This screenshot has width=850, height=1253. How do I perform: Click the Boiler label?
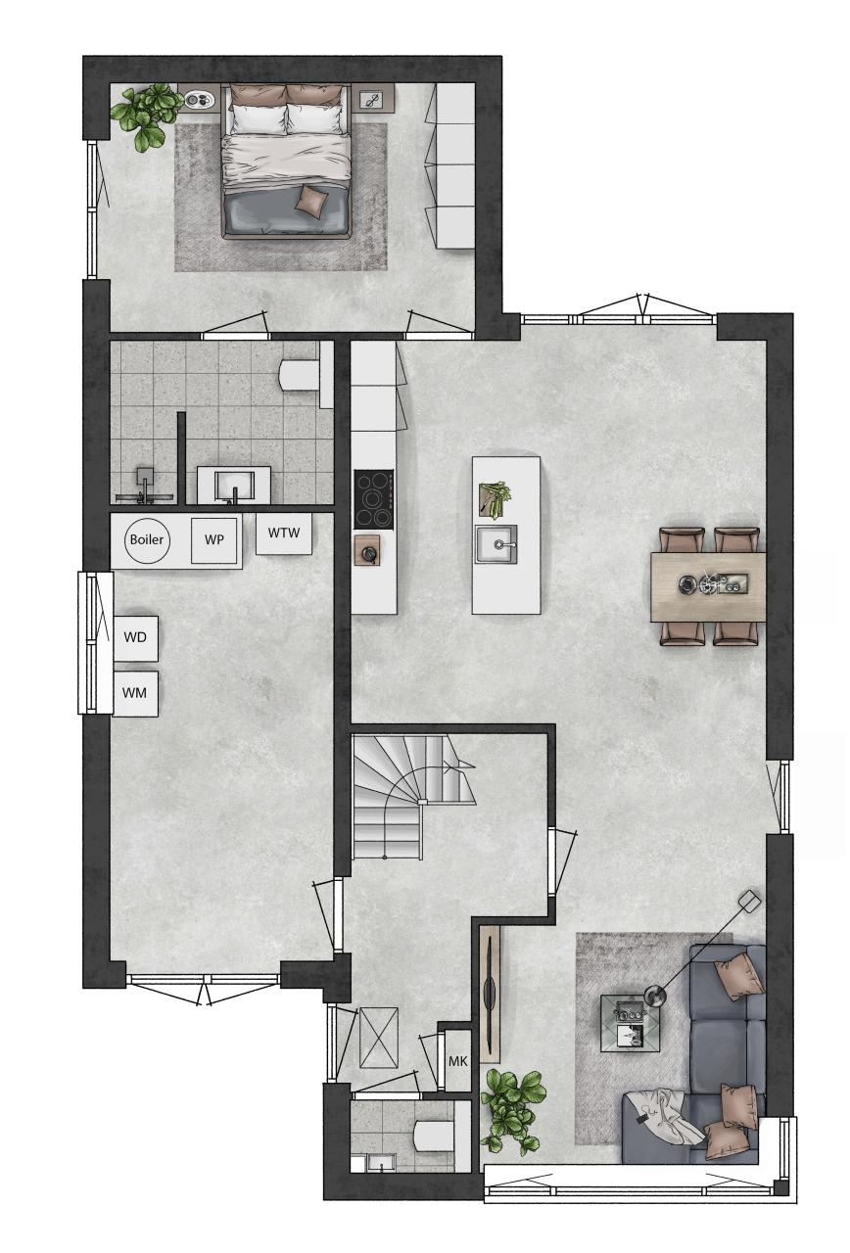tap(147, 539)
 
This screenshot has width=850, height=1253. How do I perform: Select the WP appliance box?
tap(213, 540)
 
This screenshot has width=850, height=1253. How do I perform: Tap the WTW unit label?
tap(284, 533)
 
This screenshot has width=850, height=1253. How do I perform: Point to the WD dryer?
tap(135, 638)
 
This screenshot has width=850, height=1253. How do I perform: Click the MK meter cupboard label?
tap(457, 1060)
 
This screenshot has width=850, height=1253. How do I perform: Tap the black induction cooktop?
tap(373, 499)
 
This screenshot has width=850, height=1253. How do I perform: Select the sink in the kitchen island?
tap(496, 544)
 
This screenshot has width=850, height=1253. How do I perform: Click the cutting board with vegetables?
tap(496, 498)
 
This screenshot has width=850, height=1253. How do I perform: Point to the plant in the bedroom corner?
tap(144, 116)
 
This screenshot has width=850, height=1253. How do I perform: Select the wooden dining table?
tap(708, 586)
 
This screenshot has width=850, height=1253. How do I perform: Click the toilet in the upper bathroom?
tap(301, 374)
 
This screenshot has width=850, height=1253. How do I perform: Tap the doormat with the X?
tap(379, 1038)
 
